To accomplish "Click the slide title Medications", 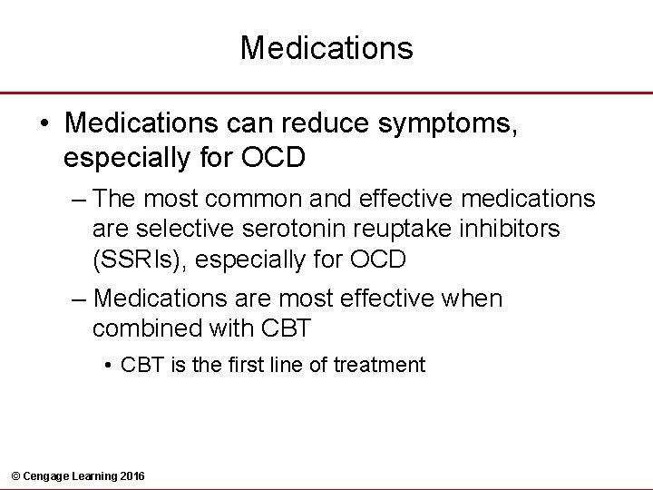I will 326,47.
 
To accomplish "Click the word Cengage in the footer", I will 46,476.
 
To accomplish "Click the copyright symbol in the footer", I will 14,476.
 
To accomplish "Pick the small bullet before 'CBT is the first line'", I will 107,366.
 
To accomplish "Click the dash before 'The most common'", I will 79,198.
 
